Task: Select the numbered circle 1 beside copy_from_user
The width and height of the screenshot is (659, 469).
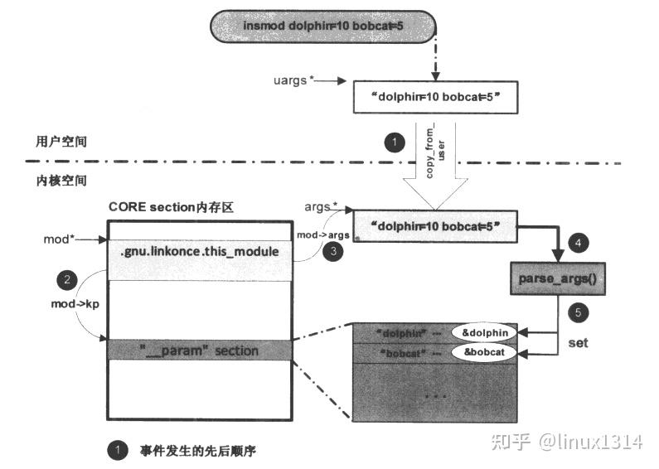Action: pos(395,143)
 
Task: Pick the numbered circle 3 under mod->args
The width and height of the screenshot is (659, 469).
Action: pos(332,252)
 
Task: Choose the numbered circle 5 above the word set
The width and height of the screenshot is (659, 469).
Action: pos(579,312)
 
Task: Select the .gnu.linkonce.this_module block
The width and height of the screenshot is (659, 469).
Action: pos(200,251)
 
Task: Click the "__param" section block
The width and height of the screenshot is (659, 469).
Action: pos(200,351)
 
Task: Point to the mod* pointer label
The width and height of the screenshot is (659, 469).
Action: pos(59,239)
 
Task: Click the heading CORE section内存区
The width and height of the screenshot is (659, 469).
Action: pos(171,206)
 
